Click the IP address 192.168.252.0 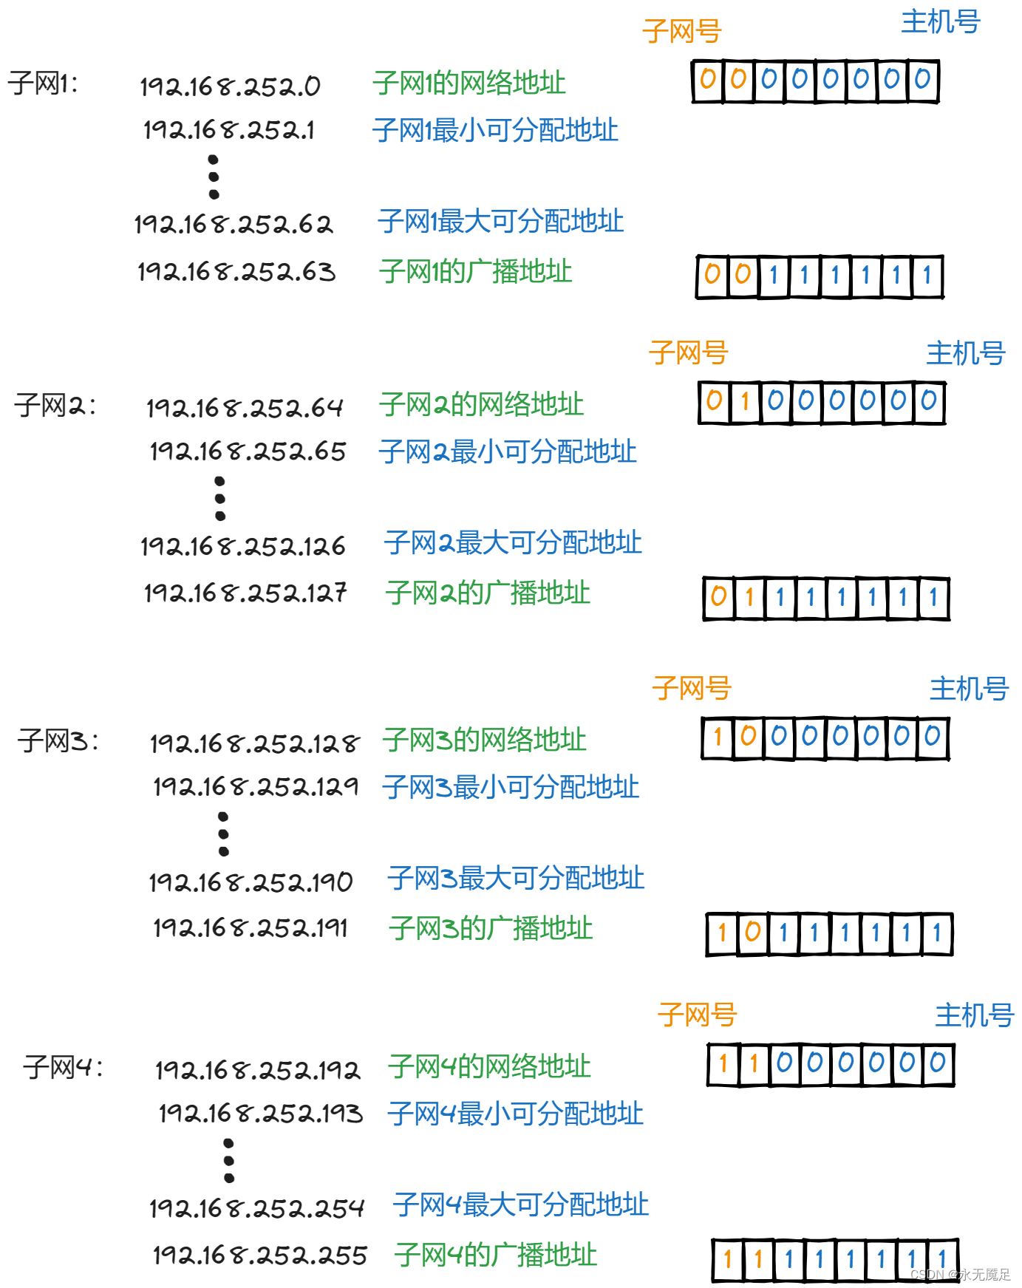pyautogui.click(x=230, y=86)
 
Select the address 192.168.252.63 pyautogui.click(x=236, y=272)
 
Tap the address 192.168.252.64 pyautogui.click(x=245, y=408)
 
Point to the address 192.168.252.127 pyautogui.click(x=245, y=593)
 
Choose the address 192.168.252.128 pyautogui.click(x=255, y=743)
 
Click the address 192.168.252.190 pyautogui.click(x=251, y=882)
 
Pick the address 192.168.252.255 pyautogui.click(x=260, y=1255)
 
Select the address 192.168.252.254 pyautogui.click(x=257, y=1208)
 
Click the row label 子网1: pyautogui.click(x=43, y=84)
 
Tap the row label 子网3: pyautogui.click(x=58, y=740)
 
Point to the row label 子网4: pyautogui.click(x=63, y=1067)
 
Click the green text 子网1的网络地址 pyautogui.click(x=469, y=83)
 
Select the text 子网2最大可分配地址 pyautogui.click(x=513, y=542)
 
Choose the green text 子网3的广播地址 pyautogui.click(x=491, y=928)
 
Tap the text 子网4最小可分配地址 pyautogui.click(x=516, y=1114)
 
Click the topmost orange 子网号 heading pyautogui.click(x=681, y=31)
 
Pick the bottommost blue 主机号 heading pyautogui.click(x=975, y=1015)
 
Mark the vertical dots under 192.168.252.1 pyautogui.click(x=214, y=177)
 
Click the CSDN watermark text pyautogui.click(x=960, y=1275)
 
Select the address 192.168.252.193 pyautogui.click(x=261, y=1114)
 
